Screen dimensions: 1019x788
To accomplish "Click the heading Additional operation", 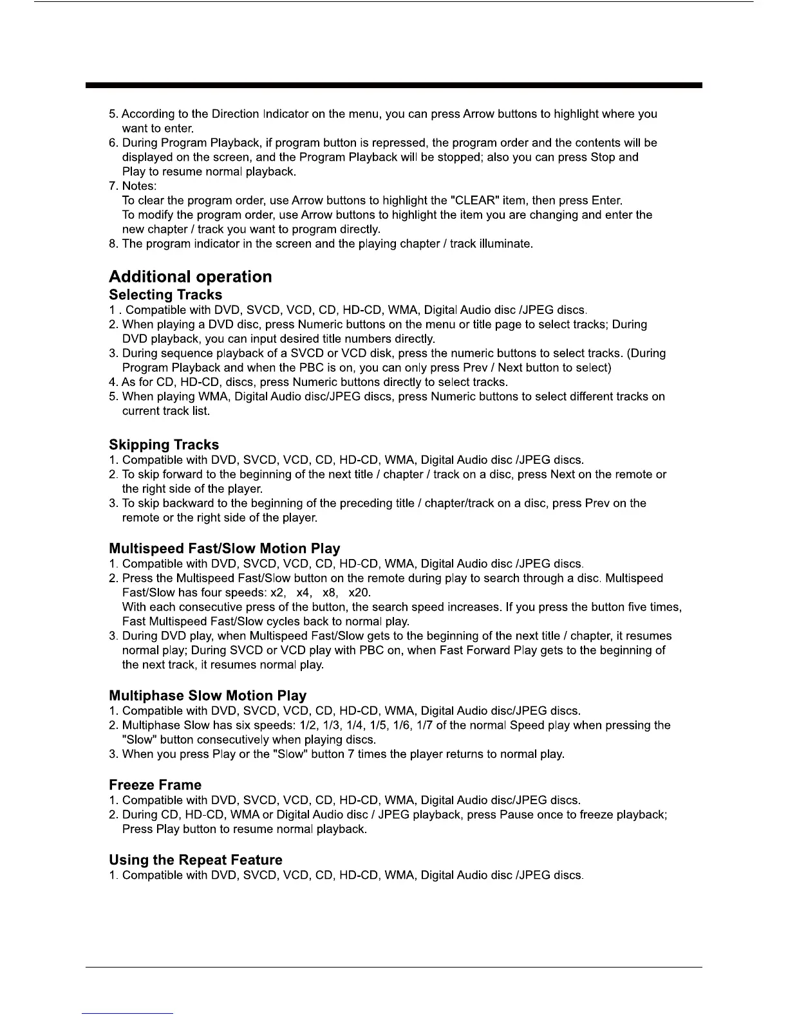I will [190, 277].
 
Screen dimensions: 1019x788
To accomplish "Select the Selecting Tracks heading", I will [165, 295].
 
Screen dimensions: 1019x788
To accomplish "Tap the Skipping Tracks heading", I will [164, 445].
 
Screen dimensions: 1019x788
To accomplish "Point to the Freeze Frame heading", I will [155, 785].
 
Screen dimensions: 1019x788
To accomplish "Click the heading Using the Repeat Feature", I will [196, 860].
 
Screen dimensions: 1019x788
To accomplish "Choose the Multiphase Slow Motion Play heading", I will [207, 695].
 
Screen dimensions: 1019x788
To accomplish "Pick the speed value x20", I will [359, 592].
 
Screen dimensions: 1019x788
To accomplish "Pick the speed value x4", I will [304, 592].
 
